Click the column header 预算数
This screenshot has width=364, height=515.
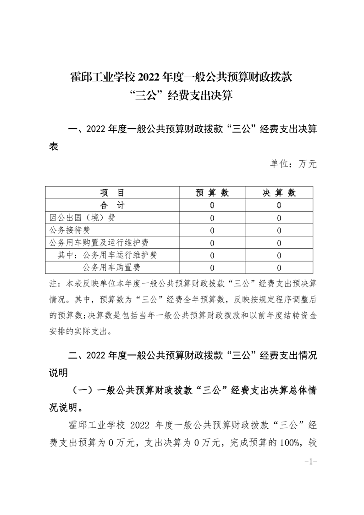212,193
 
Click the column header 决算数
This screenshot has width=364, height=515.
279,193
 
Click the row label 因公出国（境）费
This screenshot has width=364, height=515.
76,218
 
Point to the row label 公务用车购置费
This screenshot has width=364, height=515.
111,267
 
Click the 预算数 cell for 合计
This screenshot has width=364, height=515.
212,205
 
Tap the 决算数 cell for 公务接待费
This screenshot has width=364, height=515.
279,230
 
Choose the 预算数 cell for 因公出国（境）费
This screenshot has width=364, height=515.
212,218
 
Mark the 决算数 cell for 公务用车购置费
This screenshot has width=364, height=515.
279,267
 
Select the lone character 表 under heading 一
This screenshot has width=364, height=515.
54,148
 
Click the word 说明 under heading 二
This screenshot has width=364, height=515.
58,372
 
